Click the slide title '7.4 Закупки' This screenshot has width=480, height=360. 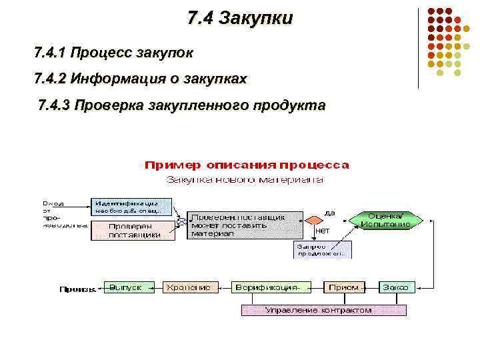240,18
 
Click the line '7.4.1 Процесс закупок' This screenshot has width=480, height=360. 114,51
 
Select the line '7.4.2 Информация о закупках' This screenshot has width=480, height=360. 140,79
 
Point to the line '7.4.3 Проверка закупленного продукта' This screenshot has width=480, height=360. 182,105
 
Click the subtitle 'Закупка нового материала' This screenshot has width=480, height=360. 245,179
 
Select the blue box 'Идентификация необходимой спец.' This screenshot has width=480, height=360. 131,207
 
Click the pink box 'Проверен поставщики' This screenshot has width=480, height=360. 131,230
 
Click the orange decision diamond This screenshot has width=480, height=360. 313,219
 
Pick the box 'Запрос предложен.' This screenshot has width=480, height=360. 323,249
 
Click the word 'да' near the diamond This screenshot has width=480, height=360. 329,213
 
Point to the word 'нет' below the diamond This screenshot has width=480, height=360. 322,231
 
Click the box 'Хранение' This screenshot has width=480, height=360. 188,287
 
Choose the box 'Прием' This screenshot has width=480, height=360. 345,287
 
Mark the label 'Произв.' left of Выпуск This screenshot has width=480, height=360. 78,289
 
